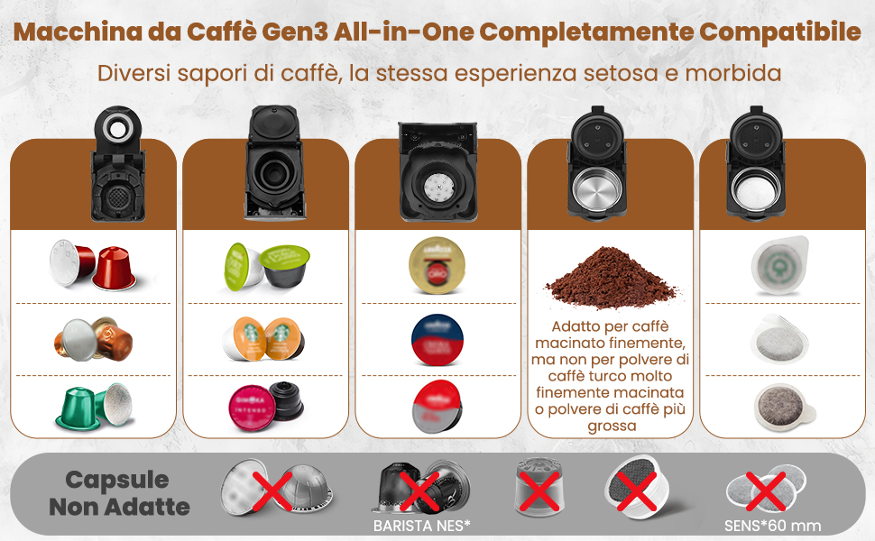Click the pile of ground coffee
coord(611,277)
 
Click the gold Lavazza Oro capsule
coord(437,265)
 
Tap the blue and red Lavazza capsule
coord(437,340)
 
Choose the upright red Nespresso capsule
coord(115,269)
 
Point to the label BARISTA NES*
coord(422,526)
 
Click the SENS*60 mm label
coord(772,526)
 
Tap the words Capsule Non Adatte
coord(119,493)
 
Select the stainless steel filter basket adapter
coord(596,188)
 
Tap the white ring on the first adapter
coord(118,129)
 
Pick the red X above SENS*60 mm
coord(766,491)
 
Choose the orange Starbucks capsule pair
coord(263,338)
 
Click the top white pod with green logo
coord(779,265)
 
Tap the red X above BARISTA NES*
coord(419,491)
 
